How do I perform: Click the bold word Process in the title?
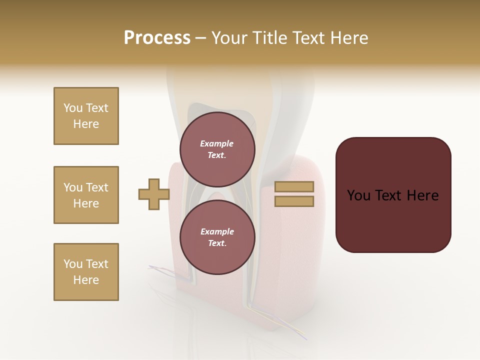157,38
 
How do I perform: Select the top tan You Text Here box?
86,116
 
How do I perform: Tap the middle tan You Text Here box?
86,195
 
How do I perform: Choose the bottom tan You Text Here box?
86,272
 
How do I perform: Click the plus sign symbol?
153,194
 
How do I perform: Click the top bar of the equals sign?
294,186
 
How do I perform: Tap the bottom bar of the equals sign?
294,201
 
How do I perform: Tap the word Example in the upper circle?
217,143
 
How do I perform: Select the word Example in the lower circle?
217,231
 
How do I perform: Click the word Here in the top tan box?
86,124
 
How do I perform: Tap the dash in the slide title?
200,38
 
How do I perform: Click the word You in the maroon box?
358,195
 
